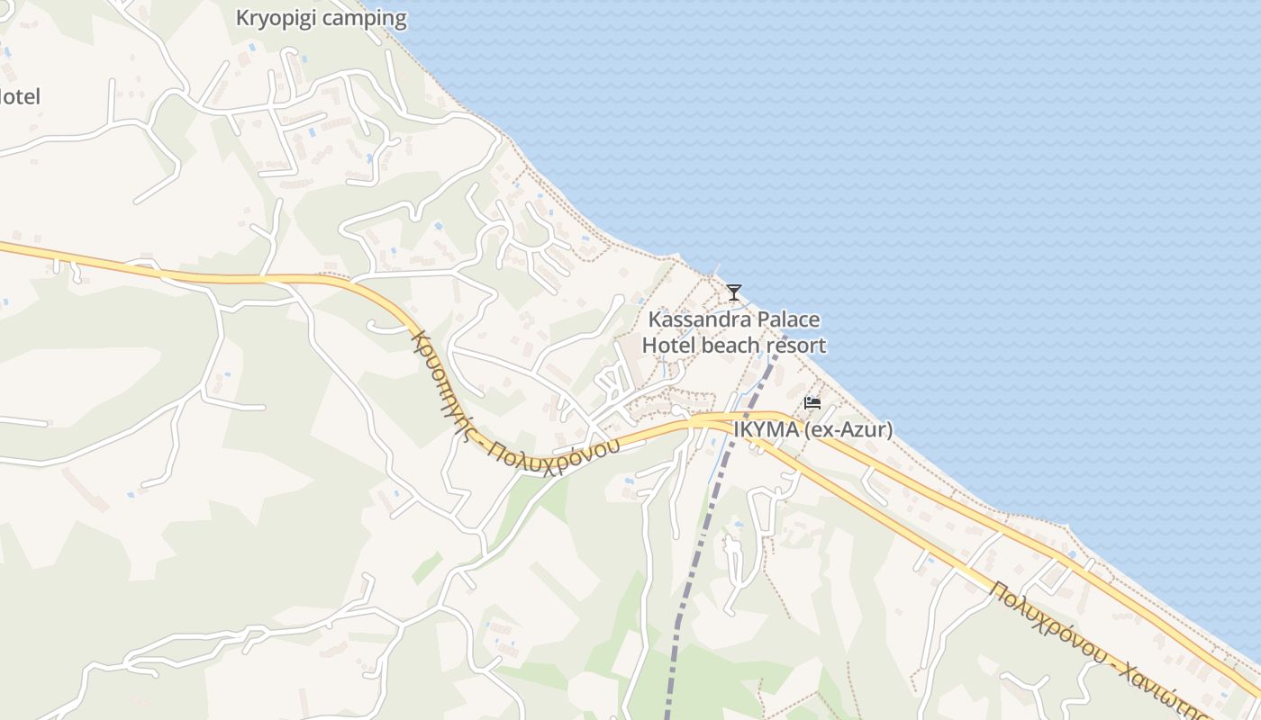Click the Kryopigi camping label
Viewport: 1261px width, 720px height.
tap(321, 18)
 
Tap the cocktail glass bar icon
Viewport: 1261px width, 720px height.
tap(734, 292)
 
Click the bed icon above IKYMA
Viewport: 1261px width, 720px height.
tap(812, 403)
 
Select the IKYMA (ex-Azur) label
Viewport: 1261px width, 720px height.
tap(812, 429)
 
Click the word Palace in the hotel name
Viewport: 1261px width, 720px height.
tap(788, 319)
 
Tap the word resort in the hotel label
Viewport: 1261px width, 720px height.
tap(795, 346)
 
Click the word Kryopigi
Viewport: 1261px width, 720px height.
tap(273, 18)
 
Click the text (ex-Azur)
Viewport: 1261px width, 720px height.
tap(848, 429)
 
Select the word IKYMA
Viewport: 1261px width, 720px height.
tap(766, 429)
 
